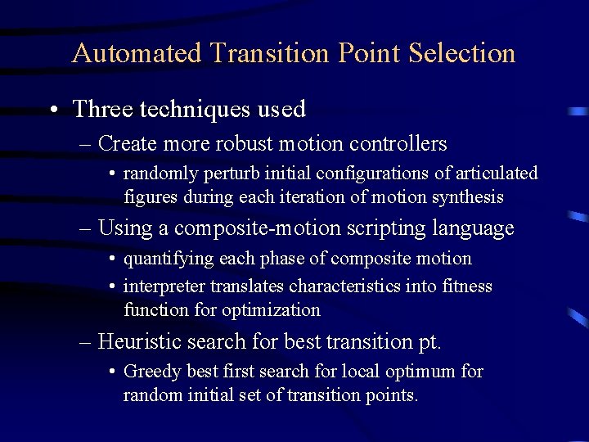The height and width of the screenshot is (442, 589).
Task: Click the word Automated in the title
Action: click(x=136, y=53)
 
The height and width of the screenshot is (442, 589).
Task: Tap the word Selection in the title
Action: click(x=462, y=53)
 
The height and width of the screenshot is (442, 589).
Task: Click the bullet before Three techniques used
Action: click(x=52, y=110)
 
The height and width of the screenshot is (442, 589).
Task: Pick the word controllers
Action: click(x=398, y=144)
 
